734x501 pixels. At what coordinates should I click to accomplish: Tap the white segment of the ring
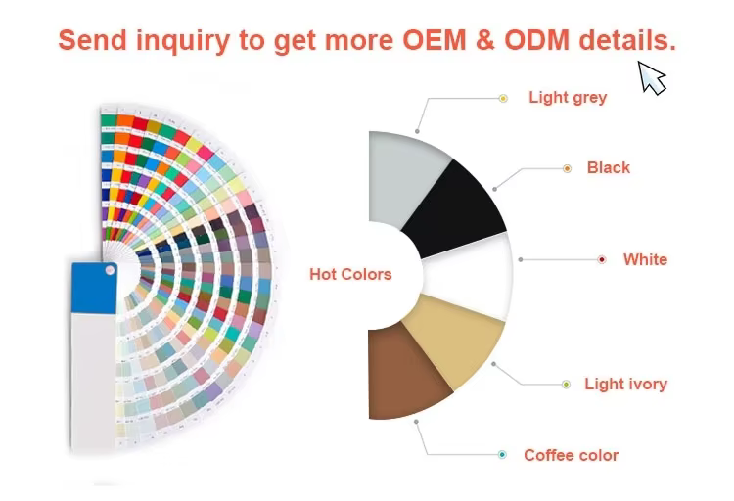468,276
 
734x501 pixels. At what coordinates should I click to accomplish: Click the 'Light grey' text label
568,98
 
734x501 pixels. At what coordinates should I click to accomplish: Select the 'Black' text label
609,167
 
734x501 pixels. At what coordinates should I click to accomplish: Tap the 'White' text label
645,259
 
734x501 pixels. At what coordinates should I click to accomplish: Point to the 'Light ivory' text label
626,384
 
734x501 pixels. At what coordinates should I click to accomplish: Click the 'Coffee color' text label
572,455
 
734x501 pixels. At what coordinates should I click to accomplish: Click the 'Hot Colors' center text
350,274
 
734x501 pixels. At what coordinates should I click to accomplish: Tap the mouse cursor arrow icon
651,77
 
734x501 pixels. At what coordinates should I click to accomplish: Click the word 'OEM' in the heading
435,40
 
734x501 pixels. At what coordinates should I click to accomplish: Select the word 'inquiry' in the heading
183,41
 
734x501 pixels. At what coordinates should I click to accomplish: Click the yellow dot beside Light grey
503,98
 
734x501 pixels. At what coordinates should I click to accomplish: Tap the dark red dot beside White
602,260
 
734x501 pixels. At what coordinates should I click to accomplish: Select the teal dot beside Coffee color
502,455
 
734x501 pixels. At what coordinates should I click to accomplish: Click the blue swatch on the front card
94,288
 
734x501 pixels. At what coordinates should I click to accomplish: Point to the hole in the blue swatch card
110,270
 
